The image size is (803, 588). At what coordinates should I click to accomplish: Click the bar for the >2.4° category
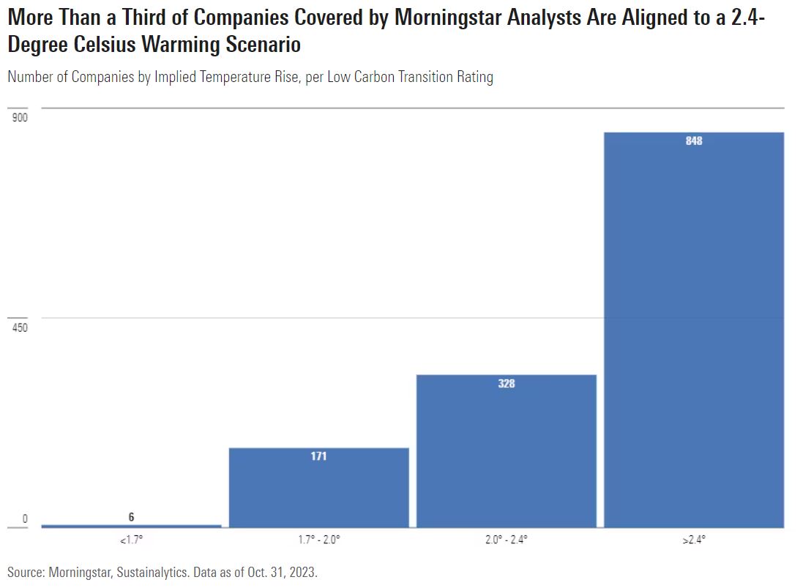click(x=694, y=330)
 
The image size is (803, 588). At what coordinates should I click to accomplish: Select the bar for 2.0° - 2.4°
click(x=507, y=451)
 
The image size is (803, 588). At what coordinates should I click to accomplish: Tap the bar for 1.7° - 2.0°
click(x=318, y=487)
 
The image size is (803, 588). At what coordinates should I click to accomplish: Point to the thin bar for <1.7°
click(x=132, y=526)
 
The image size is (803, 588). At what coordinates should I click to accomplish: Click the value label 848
click(x=694, y=141)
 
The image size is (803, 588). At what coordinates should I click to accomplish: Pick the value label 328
click(x=507, y=383)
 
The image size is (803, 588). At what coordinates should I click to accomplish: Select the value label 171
click(x=318, y=456)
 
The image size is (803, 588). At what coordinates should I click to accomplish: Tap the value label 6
click(x=132, y=517)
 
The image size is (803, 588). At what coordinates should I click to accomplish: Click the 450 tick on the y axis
click(x=20, y=327)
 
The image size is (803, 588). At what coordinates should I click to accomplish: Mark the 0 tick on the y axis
click(x=24, y=519)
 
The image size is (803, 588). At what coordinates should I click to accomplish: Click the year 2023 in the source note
click(x=302, y=572)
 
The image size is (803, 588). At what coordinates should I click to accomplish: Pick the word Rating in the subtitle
click(x=473, y=77)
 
